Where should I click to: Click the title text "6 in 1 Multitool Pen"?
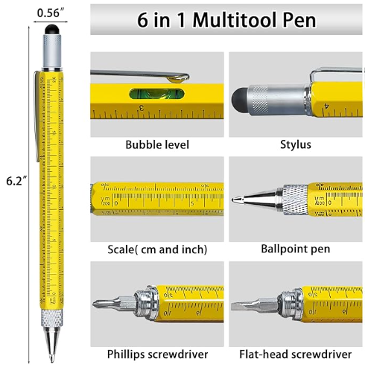pos(226,20)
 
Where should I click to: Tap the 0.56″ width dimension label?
pos(51,13)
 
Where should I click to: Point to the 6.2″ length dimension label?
pos(16,181)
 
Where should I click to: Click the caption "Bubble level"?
pos(157,144)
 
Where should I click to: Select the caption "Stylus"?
pos(296,144)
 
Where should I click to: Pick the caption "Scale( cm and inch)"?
pos(157,249)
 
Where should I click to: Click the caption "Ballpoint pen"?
pos(296,249)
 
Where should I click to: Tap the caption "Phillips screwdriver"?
pos(157,354)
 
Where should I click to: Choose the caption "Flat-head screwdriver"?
pos(296,354)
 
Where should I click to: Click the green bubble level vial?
pos(157,95)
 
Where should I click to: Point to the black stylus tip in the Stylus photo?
pos(240,99)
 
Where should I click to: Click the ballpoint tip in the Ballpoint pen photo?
pos(234,200)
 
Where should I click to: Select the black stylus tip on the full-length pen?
pos(52,29)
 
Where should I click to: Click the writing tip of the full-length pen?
pos(51,359)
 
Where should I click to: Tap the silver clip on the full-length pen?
pos(37,117)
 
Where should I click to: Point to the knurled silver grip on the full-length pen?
pos(52,319)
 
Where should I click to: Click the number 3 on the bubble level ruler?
pos(142,108)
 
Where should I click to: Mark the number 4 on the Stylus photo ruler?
pos(327,106)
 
